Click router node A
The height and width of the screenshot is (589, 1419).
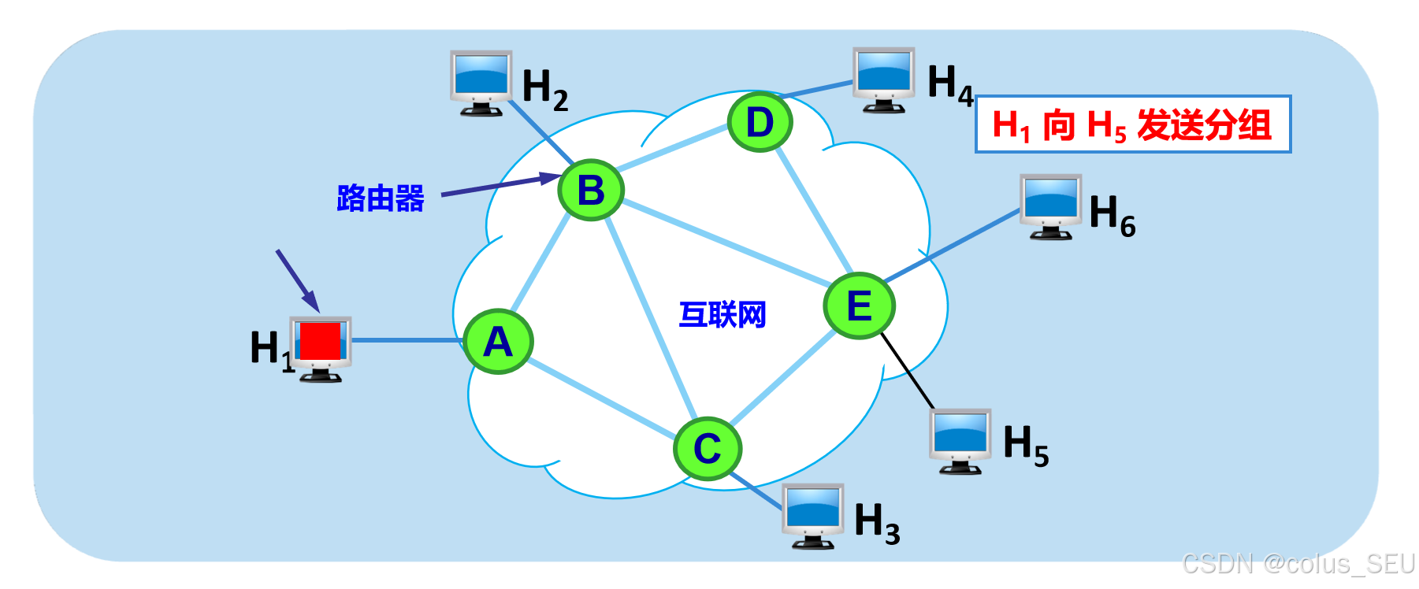[498, 341]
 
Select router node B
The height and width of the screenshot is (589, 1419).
[591, 190]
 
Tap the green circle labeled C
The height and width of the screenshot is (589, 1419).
[708, 448]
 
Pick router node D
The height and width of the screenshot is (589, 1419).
[760, 122]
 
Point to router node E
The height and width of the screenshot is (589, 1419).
[859, 306]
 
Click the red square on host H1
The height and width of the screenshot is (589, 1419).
[320, 341]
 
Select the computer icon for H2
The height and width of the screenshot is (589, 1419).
[481, 82]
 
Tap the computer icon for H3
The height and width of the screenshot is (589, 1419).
[813, 515]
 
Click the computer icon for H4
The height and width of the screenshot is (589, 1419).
[884, 79]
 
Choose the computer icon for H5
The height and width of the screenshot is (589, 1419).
[960, 440]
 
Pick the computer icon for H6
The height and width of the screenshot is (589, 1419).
[1050, 206]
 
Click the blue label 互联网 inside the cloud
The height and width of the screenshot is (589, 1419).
[723, 315]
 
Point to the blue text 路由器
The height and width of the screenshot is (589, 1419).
[381, 198]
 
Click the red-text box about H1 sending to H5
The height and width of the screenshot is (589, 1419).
[1132, 124]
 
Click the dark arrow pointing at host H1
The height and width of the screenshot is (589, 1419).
[298, 280]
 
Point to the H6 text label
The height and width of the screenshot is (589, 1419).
[1112, 215]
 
